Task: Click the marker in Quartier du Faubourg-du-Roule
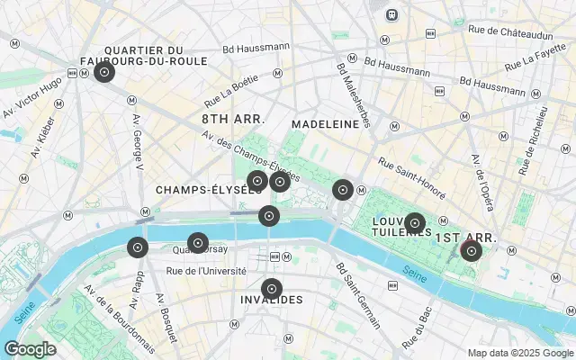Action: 104,72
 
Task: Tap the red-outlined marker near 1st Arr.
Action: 471,251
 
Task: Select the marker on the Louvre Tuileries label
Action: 414,222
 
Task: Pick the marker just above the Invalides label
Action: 271,290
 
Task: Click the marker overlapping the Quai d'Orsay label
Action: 197,243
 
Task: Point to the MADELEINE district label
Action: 325,124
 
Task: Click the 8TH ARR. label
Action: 232,119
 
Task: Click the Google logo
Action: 31,349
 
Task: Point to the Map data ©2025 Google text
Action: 519,353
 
